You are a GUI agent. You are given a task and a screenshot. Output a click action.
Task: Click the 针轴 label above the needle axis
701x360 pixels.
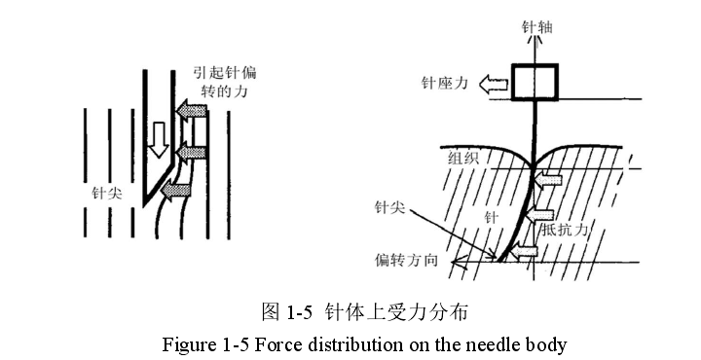536,27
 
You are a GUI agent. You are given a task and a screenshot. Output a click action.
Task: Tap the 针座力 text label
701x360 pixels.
444,83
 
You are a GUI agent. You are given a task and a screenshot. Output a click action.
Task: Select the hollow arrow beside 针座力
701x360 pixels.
494,84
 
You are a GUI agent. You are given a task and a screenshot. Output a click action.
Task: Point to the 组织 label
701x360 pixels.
463,159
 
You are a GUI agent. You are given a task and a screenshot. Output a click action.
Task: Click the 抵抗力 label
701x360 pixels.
564,230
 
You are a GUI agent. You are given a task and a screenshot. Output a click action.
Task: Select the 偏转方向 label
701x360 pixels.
406,260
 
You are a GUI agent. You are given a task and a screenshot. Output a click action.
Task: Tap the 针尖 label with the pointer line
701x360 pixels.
389,207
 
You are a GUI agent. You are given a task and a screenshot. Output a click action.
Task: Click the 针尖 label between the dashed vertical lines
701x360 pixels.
107,194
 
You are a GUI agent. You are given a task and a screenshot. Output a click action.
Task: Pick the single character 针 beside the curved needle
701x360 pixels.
492,218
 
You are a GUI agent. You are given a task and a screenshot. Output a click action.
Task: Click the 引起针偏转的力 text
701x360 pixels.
225,82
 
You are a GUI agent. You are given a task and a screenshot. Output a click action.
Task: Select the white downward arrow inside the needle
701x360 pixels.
159,139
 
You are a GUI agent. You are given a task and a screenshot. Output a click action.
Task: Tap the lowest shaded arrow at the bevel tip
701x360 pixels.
175,190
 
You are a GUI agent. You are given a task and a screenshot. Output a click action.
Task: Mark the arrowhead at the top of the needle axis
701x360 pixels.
534,40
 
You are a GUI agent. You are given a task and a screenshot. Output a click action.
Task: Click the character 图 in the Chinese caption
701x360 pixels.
271,311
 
